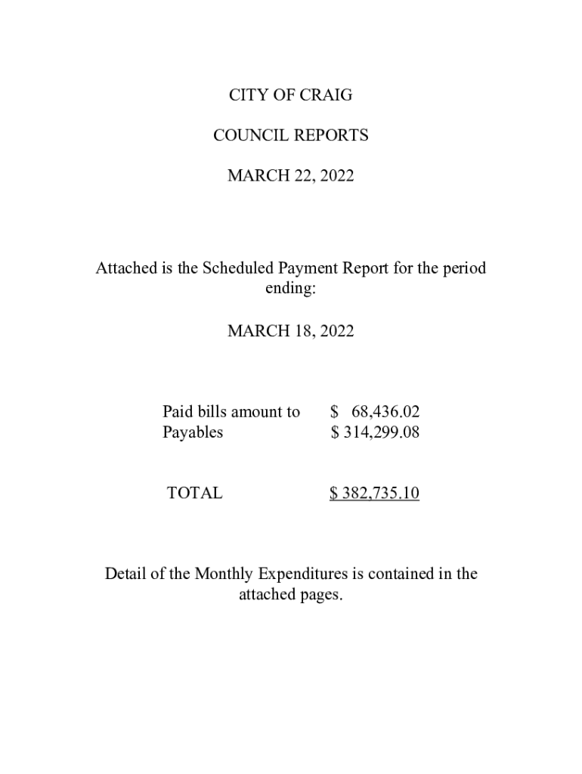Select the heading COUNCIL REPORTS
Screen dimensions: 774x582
pyautogui.click(x=291, y=136)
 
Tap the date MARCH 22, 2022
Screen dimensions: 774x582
pyautogui.click(x=291, y=176)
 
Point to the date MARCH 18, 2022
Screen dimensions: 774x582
pyautogui.click(x=291, y=331)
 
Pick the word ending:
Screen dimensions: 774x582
pyautogui.click(x=291, y=289)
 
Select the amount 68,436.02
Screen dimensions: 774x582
pyautogui.click(x=385, y=412)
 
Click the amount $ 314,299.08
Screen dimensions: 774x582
pyautogui.click(x=375, y=432)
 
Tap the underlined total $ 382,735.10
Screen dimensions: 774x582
pyautogui.click(x=375, y=494)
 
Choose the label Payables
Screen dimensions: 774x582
pyautogui.click(x=193, y=432)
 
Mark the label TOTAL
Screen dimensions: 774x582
pyautogui.click(x=195, y=494)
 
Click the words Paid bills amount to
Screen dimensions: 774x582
pyautogui.click(x=231, y=412)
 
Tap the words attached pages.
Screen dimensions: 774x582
pyautogui.click(x=291, y=595)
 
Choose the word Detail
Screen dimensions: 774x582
pyautogui.click(x=125, y=574)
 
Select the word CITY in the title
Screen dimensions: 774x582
pyautogui.click(x=246, y=96)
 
